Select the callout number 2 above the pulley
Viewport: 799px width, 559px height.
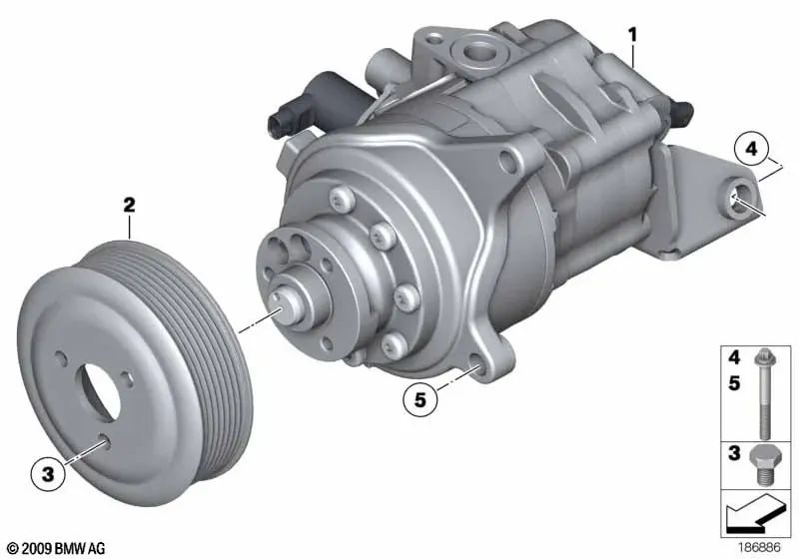pyautogui.click(x=129, y=206)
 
